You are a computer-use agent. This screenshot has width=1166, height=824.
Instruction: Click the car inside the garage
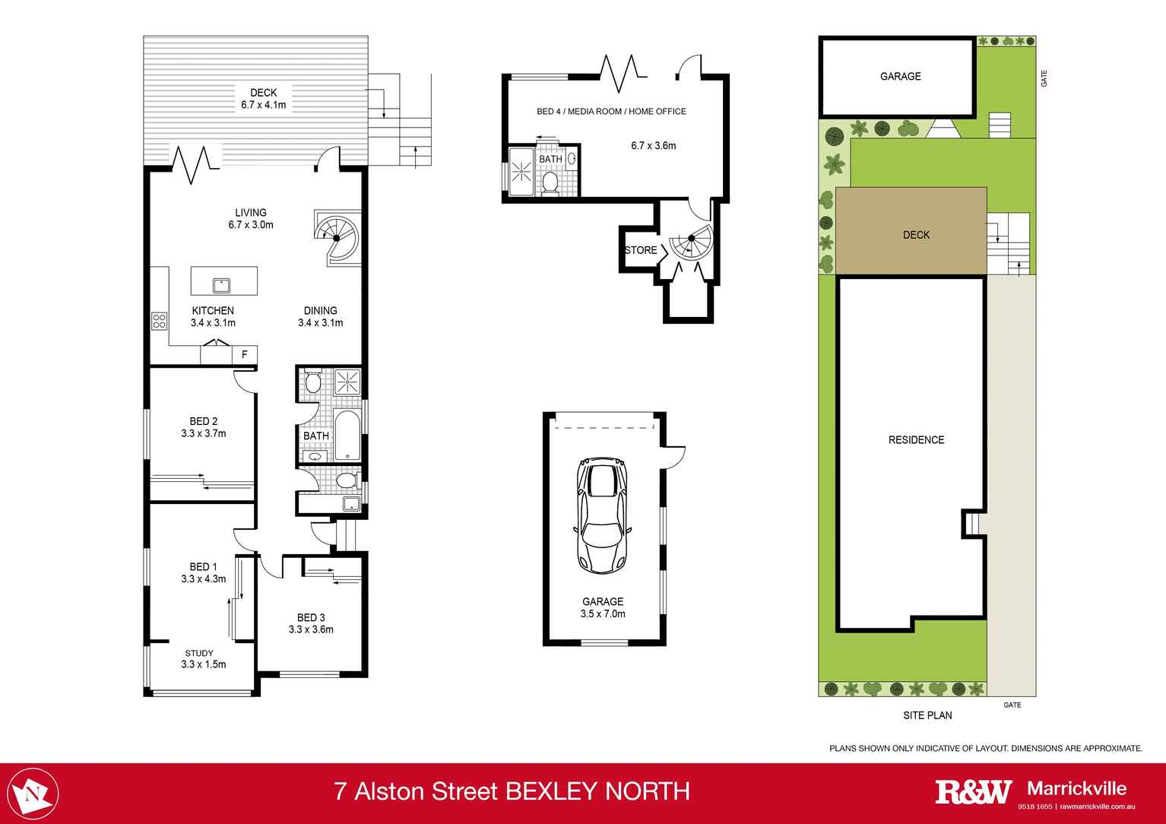[602, 515]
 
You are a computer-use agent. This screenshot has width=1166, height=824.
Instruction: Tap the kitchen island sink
[221, 286]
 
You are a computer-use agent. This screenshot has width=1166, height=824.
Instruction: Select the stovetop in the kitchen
[160, 321]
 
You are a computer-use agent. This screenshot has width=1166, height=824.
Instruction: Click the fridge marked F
[245, 354]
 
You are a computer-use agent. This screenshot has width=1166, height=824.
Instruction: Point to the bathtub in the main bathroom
[347, 436]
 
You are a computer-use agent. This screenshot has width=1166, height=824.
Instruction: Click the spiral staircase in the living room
[336, 237]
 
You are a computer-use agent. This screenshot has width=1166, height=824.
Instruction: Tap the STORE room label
[640, 250]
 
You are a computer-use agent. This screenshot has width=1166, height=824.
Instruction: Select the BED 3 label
[311, 617]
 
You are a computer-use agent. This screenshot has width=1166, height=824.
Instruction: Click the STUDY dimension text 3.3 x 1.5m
[203, 664]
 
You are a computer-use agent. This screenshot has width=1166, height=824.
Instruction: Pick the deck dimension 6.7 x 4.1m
[263, 105]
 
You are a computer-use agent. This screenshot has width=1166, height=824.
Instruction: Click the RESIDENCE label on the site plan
[916, 440]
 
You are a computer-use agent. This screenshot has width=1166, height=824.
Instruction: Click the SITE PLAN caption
[927, 715]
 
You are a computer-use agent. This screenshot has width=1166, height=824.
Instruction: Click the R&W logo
[973, 791]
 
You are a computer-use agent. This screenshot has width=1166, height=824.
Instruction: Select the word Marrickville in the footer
[1076, 788]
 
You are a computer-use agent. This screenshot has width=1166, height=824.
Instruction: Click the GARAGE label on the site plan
[900, 76]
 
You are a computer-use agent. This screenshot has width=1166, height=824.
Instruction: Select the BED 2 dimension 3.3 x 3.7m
[203, 433]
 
